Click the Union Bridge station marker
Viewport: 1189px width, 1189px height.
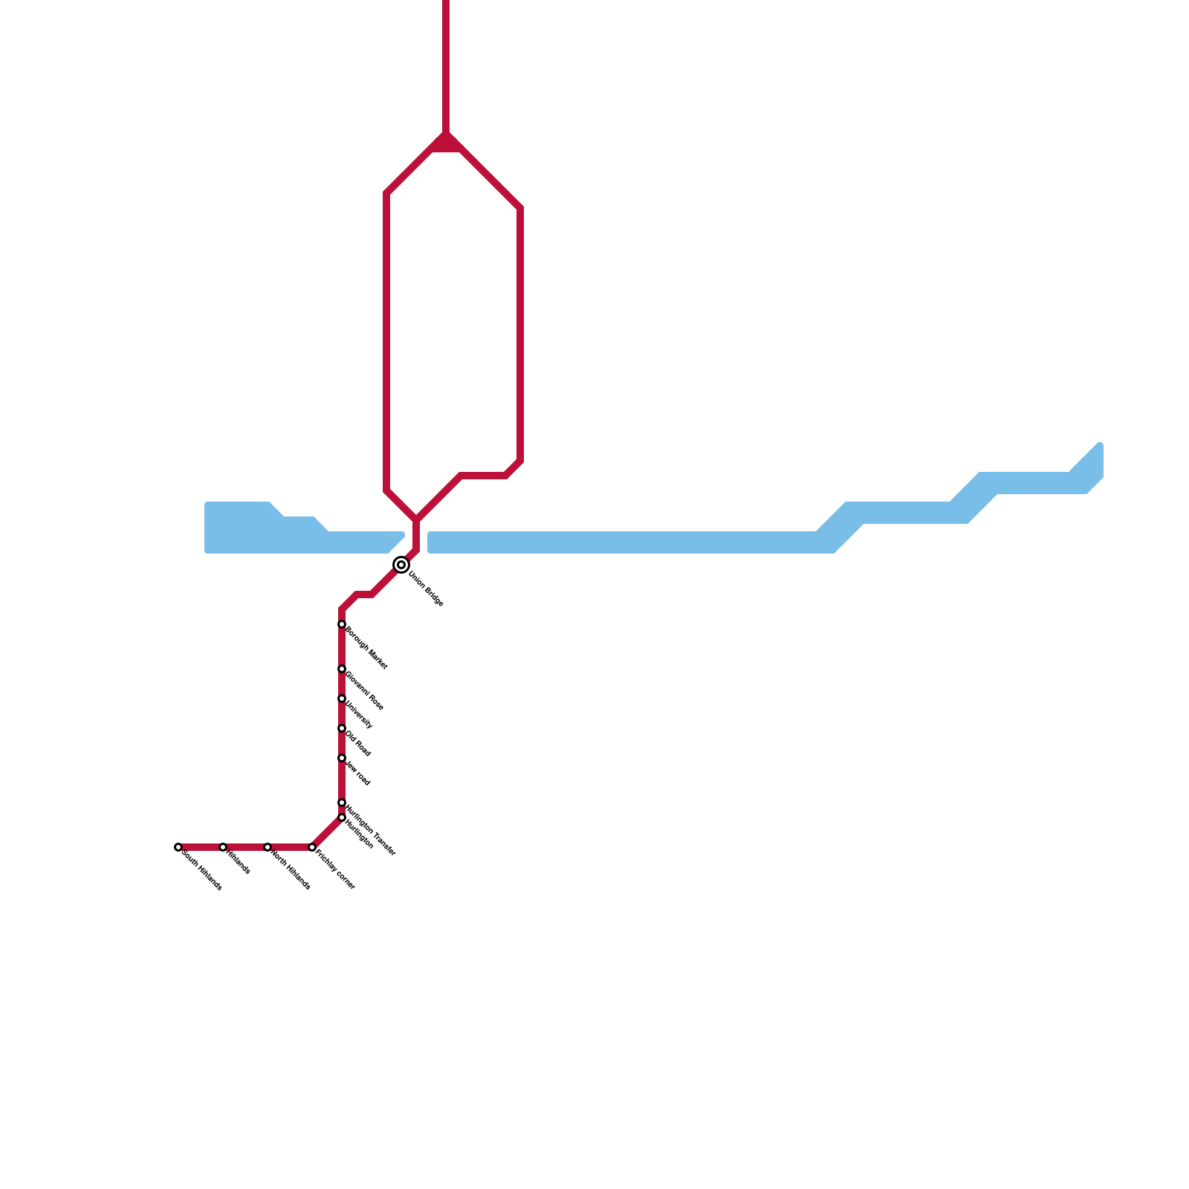(401, 566)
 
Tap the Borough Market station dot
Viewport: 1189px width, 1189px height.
(342, 625)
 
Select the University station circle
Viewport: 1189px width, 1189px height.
(342, 699)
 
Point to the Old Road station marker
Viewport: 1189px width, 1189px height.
(342, 729)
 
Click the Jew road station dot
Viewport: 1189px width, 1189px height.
(342, 759)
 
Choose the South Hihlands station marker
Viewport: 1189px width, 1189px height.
(178, 848)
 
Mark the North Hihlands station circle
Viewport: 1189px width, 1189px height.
(268, 848)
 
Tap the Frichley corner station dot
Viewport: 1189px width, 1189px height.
(312, 848)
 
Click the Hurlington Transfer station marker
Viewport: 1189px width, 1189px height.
(342, 803)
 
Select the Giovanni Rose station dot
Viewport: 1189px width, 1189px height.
(342, 670)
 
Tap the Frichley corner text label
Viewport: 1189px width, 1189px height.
(336, 870)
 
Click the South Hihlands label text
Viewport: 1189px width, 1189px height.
(202, 870)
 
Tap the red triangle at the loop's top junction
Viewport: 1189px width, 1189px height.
(447, 144)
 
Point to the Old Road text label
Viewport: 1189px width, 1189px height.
(358, 744)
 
